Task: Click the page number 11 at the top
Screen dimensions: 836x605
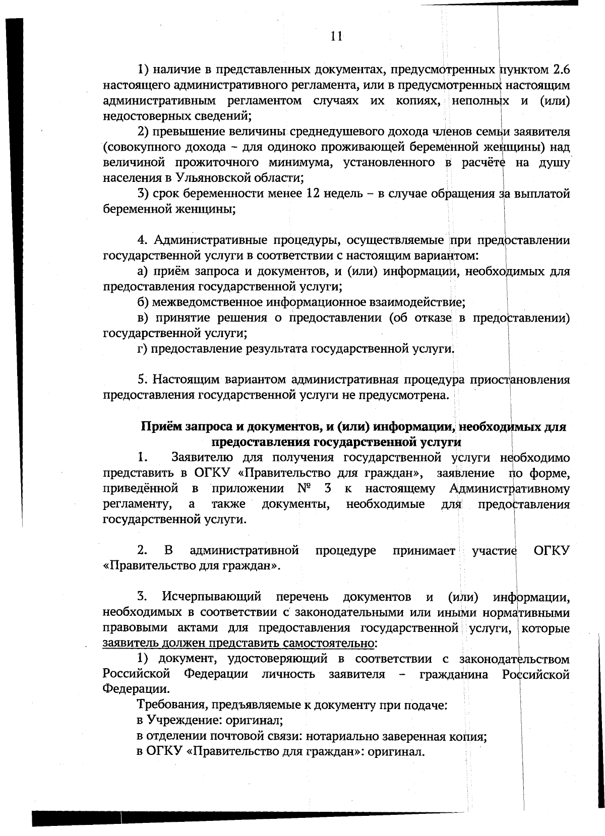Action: click(337, 36)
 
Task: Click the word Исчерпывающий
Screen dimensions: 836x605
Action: click(211, 597)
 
